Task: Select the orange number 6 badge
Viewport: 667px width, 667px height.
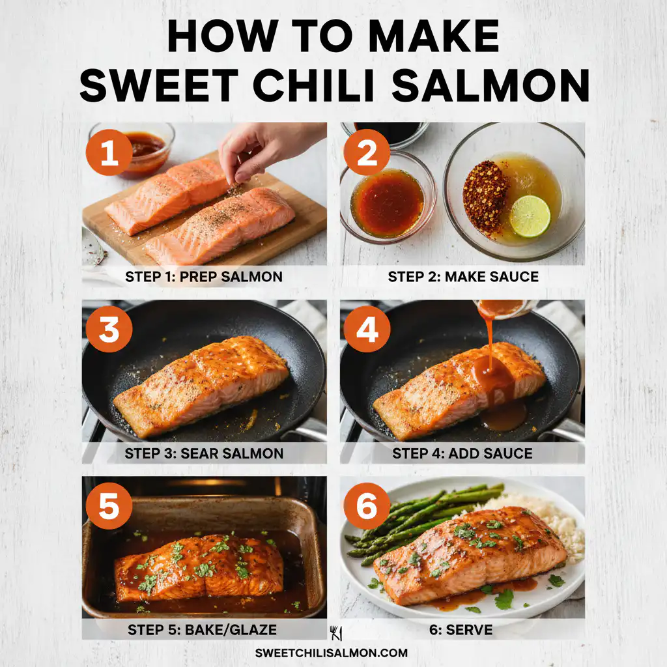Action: click(367, 505)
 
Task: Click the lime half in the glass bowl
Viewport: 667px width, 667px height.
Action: click(530, 216)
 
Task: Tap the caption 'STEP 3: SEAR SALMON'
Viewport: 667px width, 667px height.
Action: click(204, 453)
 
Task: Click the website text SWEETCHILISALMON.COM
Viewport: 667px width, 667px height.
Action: click(332, 653)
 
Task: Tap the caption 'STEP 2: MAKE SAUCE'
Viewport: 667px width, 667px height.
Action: click(462, 276)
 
